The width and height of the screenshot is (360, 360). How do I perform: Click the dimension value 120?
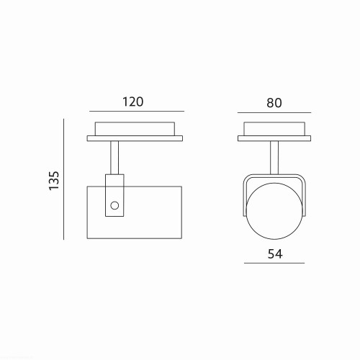coord(133,102)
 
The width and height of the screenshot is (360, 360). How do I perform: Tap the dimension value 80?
coord(274,103)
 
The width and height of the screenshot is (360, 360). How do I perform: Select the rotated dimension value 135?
coord(54,181)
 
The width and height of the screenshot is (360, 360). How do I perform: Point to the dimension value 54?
coord(275,253)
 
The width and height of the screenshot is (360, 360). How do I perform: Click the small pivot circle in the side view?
coord(114,205)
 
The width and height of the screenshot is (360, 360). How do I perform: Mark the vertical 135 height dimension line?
coord(63,179)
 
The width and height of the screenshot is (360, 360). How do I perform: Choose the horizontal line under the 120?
coord(137,112)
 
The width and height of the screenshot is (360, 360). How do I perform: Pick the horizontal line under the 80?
coord(274,112)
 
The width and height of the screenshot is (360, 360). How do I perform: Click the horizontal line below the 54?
coord(274,263)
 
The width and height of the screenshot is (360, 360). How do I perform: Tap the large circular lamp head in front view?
coord(274,239)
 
